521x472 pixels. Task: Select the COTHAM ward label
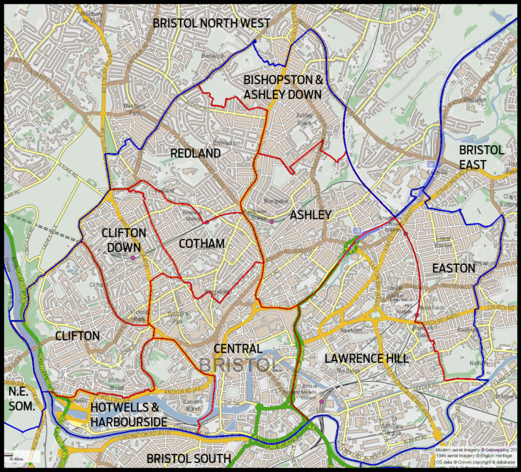tap(202, 243)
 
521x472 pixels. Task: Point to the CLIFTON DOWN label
tap(124, 239)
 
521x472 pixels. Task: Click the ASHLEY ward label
tap(311, 215)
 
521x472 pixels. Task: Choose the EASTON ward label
tap(453, 268)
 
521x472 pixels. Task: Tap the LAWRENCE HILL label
tap(367, 359)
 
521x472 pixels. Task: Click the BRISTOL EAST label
tap(481, 157)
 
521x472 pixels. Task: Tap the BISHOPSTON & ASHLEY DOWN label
tap(283, 87)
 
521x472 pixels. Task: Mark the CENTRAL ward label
tap(238, 349)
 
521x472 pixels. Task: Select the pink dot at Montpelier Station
tap(272, 221)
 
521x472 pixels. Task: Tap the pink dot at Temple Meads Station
tap(322, 402)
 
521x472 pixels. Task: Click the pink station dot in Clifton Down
tap(133, 258)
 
